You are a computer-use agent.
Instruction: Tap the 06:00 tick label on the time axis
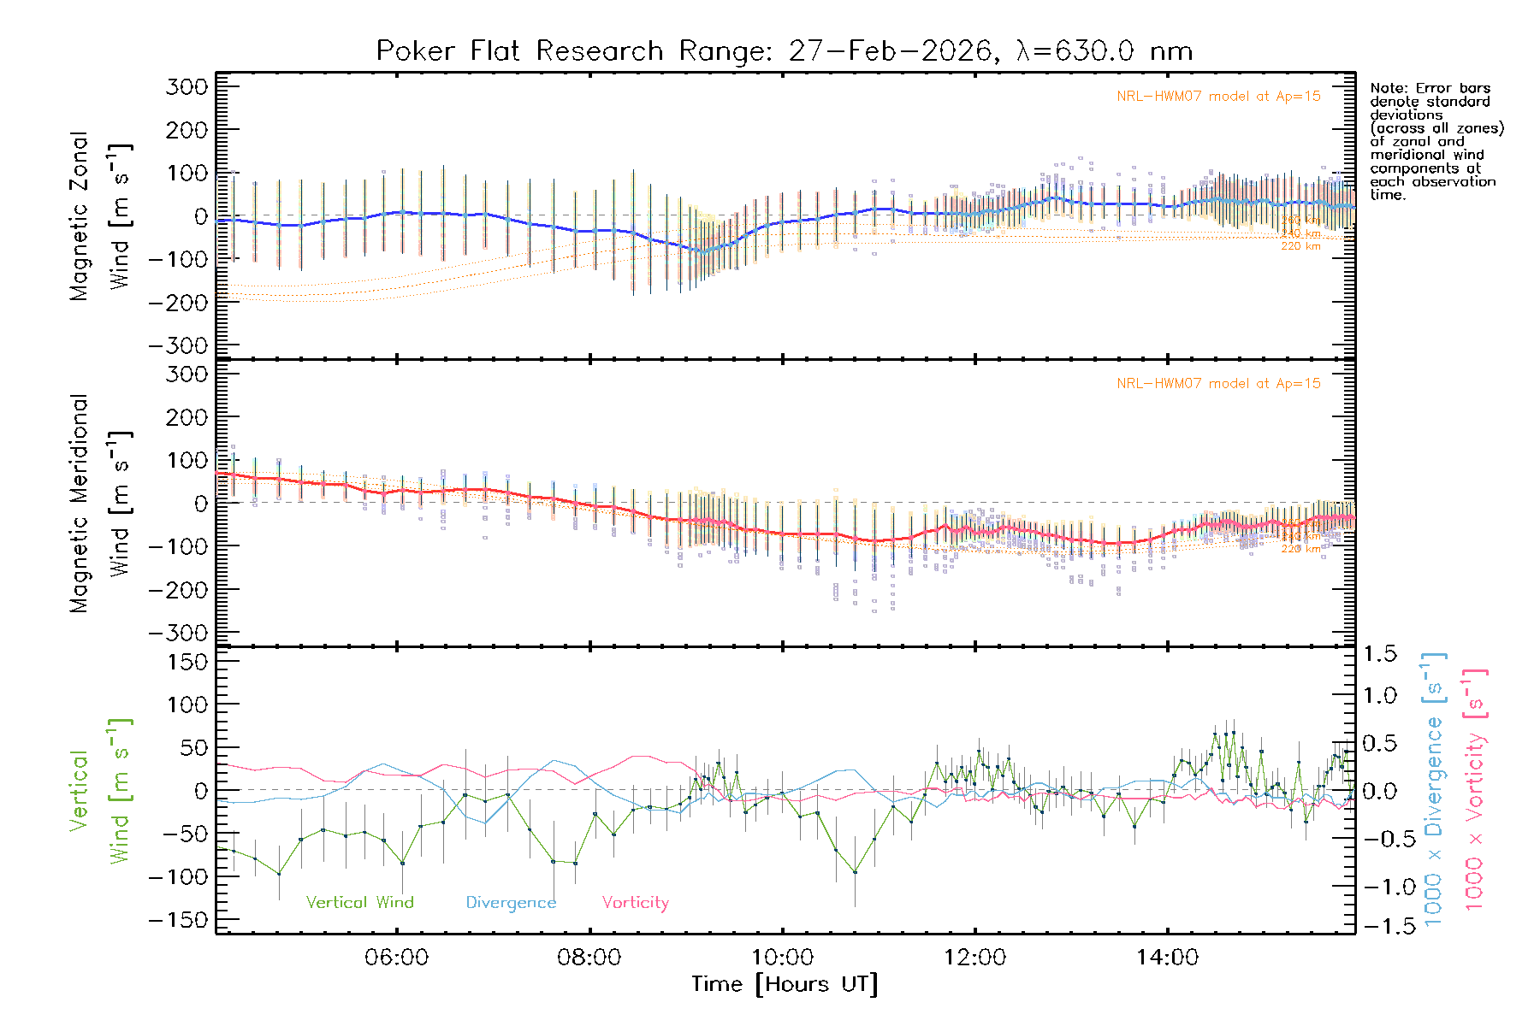point(396,957)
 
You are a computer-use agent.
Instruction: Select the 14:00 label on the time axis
point(1167,957)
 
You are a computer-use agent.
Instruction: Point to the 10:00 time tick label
point(782,957)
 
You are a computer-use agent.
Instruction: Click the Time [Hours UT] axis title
point(784,984)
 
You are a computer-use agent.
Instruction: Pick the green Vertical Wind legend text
point(359,902)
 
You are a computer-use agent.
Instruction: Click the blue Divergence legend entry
point(511,902)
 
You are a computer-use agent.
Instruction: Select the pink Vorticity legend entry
point(635,902)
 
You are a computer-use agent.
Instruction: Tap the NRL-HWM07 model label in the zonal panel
point(1218,97)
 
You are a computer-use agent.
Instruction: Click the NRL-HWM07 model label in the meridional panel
point(1218,384)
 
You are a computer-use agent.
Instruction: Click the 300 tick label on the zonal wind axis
point(187,86)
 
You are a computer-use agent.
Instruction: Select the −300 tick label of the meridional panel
point(178,633)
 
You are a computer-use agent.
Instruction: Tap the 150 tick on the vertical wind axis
point(187,661)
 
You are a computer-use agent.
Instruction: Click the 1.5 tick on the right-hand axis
point(1379,654)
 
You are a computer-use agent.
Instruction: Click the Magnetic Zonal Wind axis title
point(100,216)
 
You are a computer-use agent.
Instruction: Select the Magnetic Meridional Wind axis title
point(100,504)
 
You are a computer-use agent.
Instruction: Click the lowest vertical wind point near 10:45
point(855,872)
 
